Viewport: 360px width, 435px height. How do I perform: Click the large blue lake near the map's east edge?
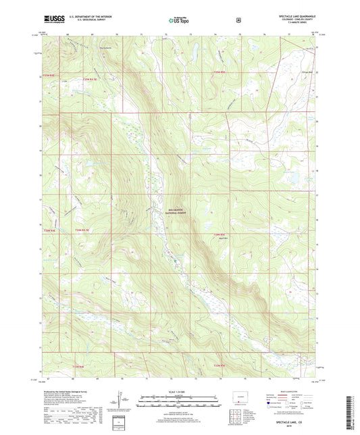pos(294,179)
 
